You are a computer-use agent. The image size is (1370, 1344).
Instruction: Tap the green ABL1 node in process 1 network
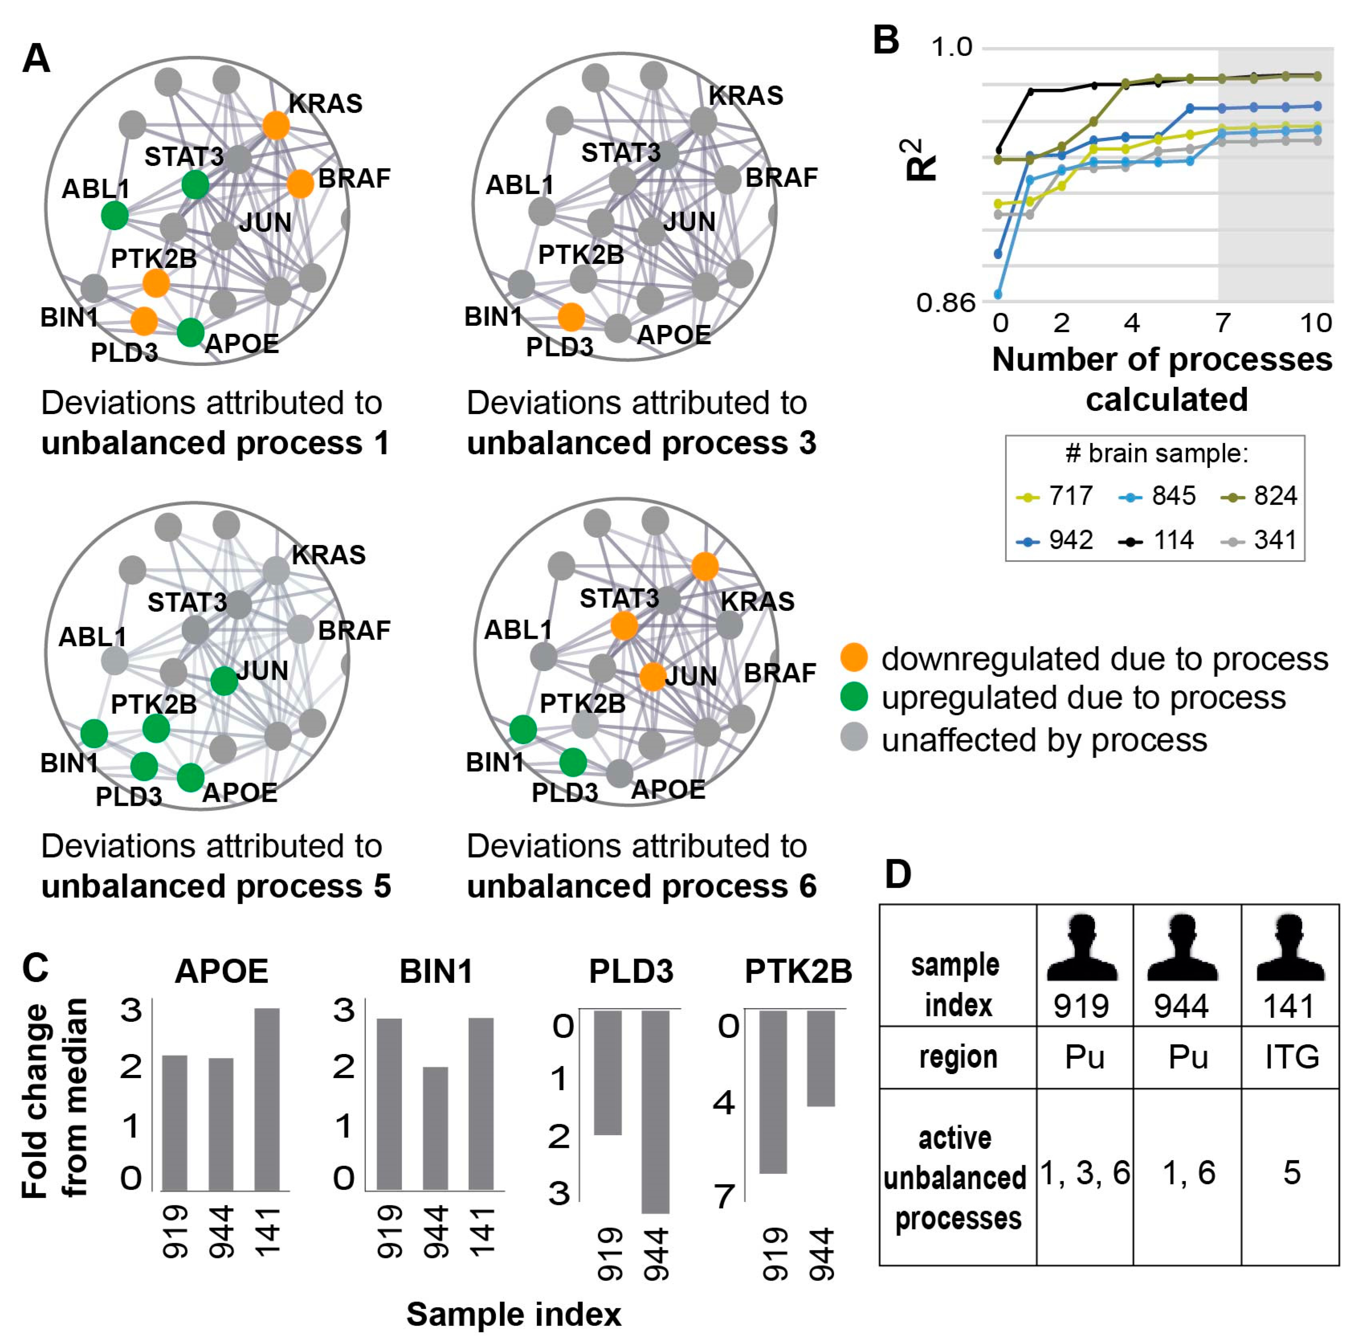[114, 214]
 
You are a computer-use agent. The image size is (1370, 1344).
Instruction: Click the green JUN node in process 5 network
[224, 680]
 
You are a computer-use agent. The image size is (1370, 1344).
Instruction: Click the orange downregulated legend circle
[854, 657]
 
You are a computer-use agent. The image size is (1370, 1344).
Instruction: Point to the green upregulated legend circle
[854, 697]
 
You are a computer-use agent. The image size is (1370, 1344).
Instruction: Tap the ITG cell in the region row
[1291, 1057]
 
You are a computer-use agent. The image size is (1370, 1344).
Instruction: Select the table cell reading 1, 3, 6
[1084, 1172]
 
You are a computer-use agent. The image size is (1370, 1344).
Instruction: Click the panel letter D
[898, 874]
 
